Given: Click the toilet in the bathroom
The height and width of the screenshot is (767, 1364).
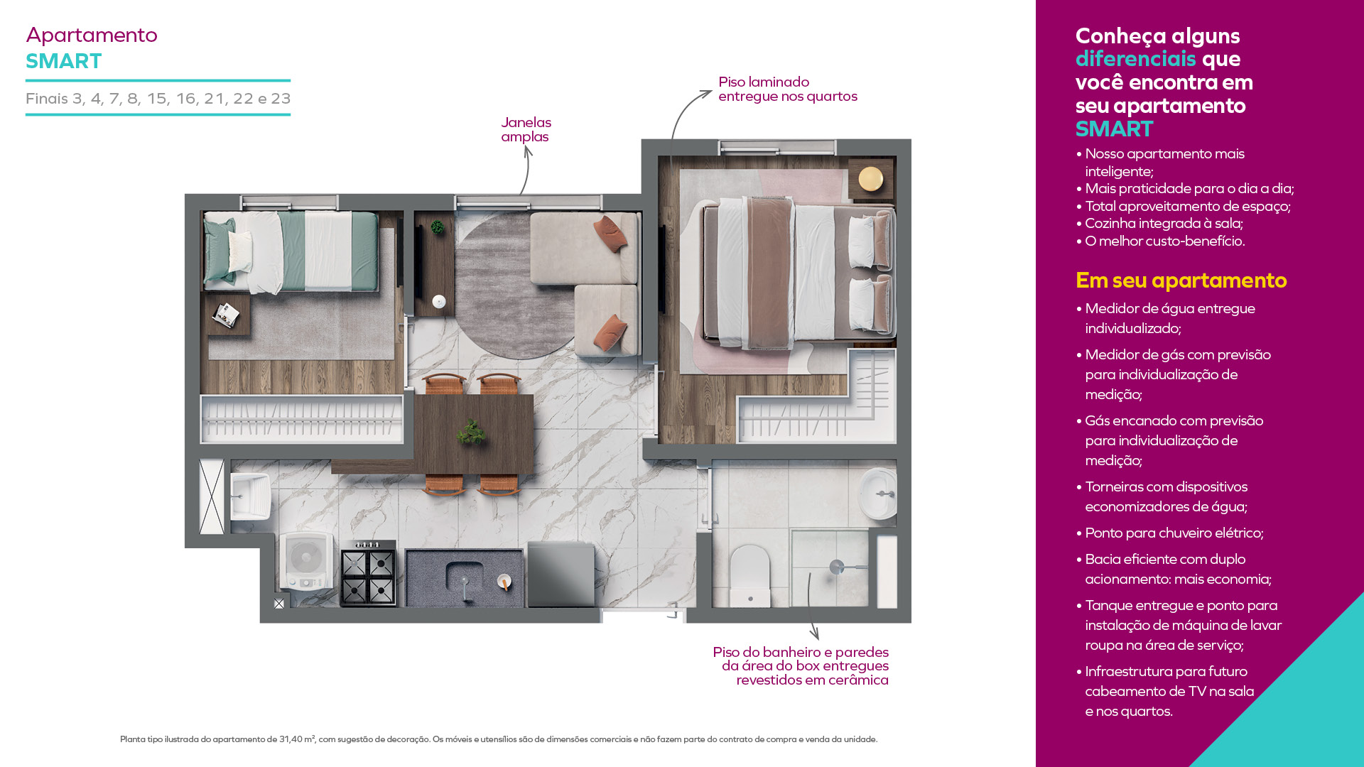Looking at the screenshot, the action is point(750,575).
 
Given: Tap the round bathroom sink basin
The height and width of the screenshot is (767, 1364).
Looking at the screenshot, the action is point(879,493).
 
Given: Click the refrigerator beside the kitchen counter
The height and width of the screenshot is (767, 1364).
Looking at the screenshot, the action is point(561,575).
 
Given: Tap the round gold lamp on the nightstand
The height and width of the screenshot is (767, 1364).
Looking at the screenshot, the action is point(870,178).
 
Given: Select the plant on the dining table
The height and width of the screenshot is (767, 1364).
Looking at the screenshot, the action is point(471,432).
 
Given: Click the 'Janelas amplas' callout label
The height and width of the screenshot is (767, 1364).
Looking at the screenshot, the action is point(526,129).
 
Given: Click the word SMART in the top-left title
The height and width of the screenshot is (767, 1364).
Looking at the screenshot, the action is point(64,61).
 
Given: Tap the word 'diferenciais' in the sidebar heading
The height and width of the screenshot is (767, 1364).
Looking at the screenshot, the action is point(1135,58).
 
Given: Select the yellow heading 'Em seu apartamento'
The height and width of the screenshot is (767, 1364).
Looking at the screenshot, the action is point(1181,281).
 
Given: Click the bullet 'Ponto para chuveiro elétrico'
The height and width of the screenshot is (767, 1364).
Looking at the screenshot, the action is point(1174,533).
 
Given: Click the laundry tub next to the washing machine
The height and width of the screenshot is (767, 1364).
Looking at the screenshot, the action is point(249,496).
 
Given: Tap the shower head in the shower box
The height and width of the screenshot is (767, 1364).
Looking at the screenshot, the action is point(837,567).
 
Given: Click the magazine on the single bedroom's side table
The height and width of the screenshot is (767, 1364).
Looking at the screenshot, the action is point(227,314).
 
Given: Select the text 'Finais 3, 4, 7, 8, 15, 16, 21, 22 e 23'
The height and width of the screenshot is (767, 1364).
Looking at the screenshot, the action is point(158,99).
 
